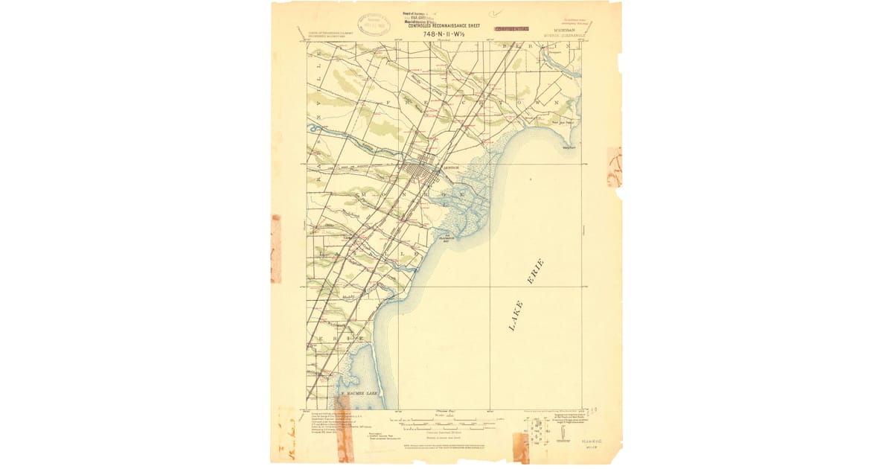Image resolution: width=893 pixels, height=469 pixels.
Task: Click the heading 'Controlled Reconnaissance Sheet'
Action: [445, 25]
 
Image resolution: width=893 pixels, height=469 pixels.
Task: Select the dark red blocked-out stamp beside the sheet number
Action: [512, 28]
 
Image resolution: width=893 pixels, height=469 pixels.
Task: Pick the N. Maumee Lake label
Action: [359, 393]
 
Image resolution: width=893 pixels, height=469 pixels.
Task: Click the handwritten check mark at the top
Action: [496, 13]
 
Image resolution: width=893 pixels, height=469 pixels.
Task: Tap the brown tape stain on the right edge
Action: [614, 167]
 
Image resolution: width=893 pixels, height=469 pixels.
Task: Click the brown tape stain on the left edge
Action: [276, 249]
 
